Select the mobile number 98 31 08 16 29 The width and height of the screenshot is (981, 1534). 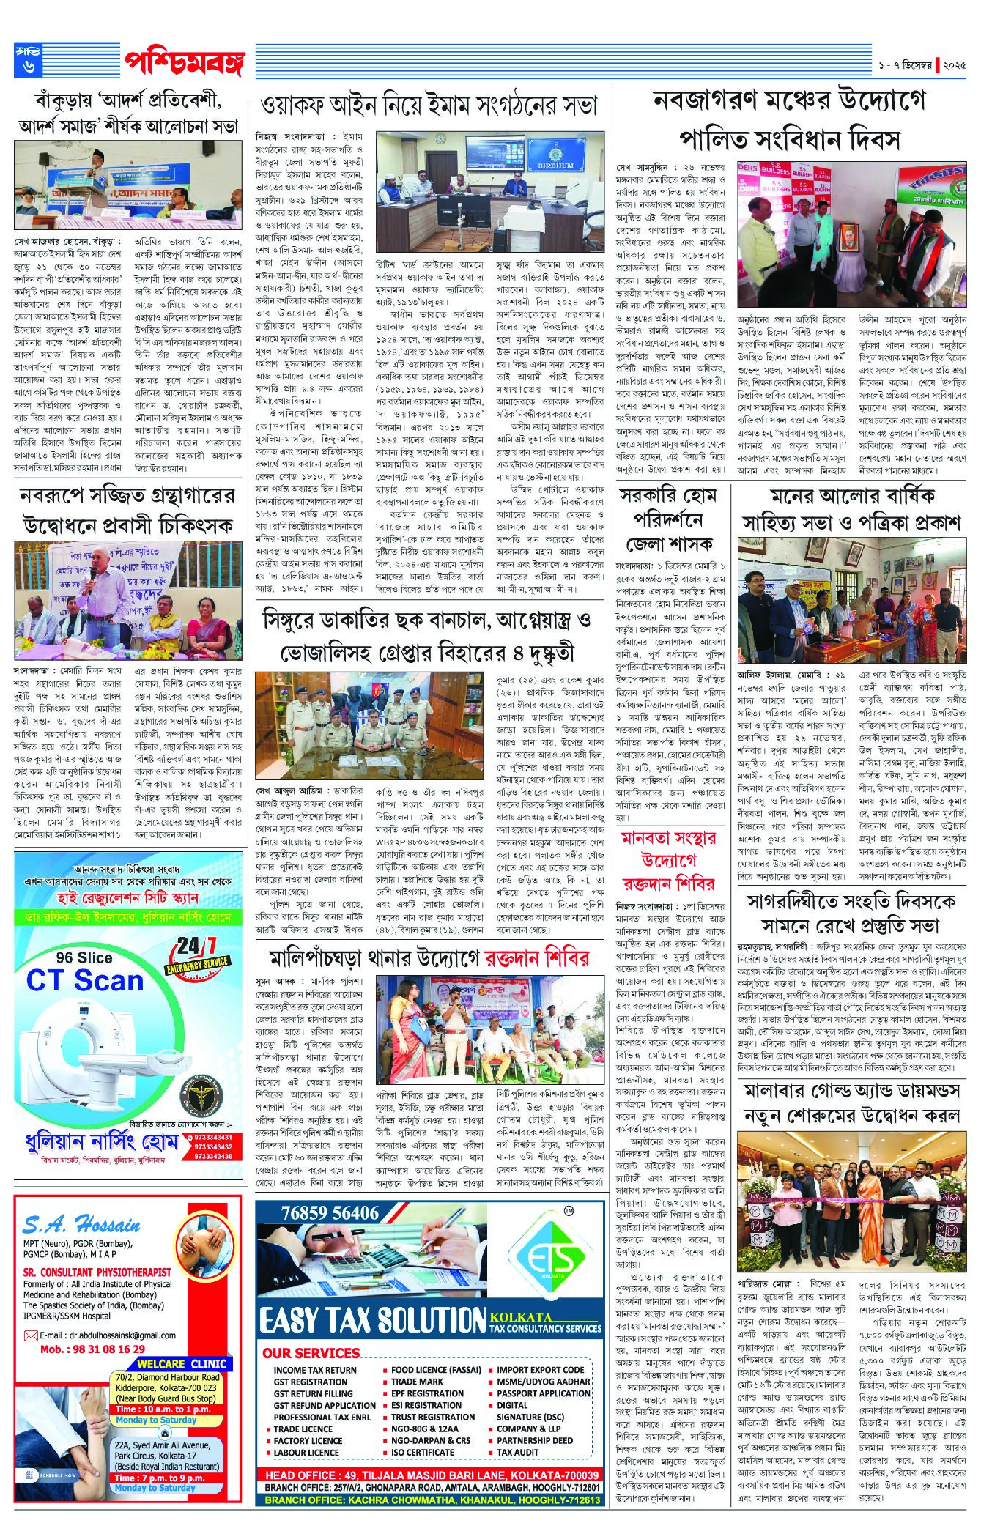coord(92,1348)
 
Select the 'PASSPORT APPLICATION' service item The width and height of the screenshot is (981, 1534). coord(543,1393)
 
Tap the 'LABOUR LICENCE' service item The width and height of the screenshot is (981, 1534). coord(306,1452)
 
